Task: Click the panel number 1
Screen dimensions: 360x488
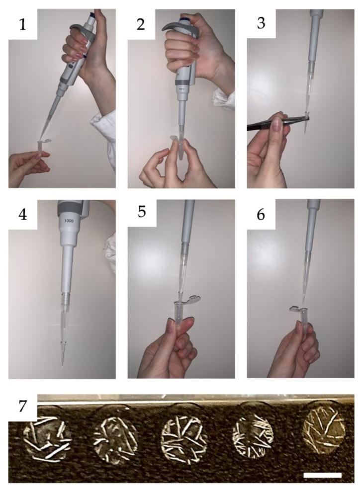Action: [22, 24]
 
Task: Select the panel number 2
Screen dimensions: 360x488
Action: [141, 24]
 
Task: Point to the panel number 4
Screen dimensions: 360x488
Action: [22, 214]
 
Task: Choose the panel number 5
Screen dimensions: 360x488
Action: [142, 213]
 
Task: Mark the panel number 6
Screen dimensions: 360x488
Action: [261, 214]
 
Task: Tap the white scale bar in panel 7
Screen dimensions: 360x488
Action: [322, 475]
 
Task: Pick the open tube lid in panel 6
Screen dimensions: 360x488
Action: [294, 309]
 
